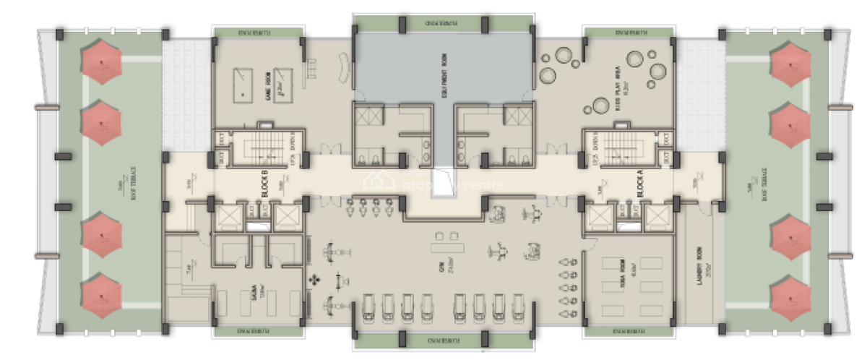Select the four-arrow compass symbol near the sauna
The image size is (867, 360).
[314, 279]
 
